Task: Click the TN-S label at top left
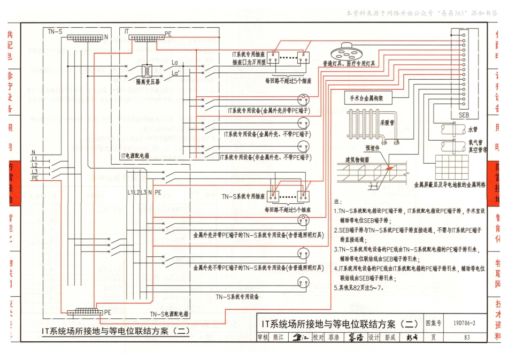click(55, 32)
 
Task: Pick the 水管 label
click(472, 129)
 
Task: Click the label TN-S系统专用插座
click(244, 196)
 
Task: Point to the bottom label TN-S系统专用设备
click(238, 296)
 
